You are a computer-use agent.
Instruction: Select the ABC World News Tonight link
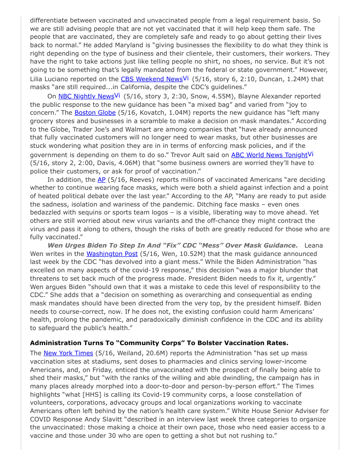(269, 154)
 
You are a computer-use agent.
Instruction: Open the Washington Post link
(112, 254)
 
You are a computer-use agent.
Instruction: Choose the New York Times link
(68, 353)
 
